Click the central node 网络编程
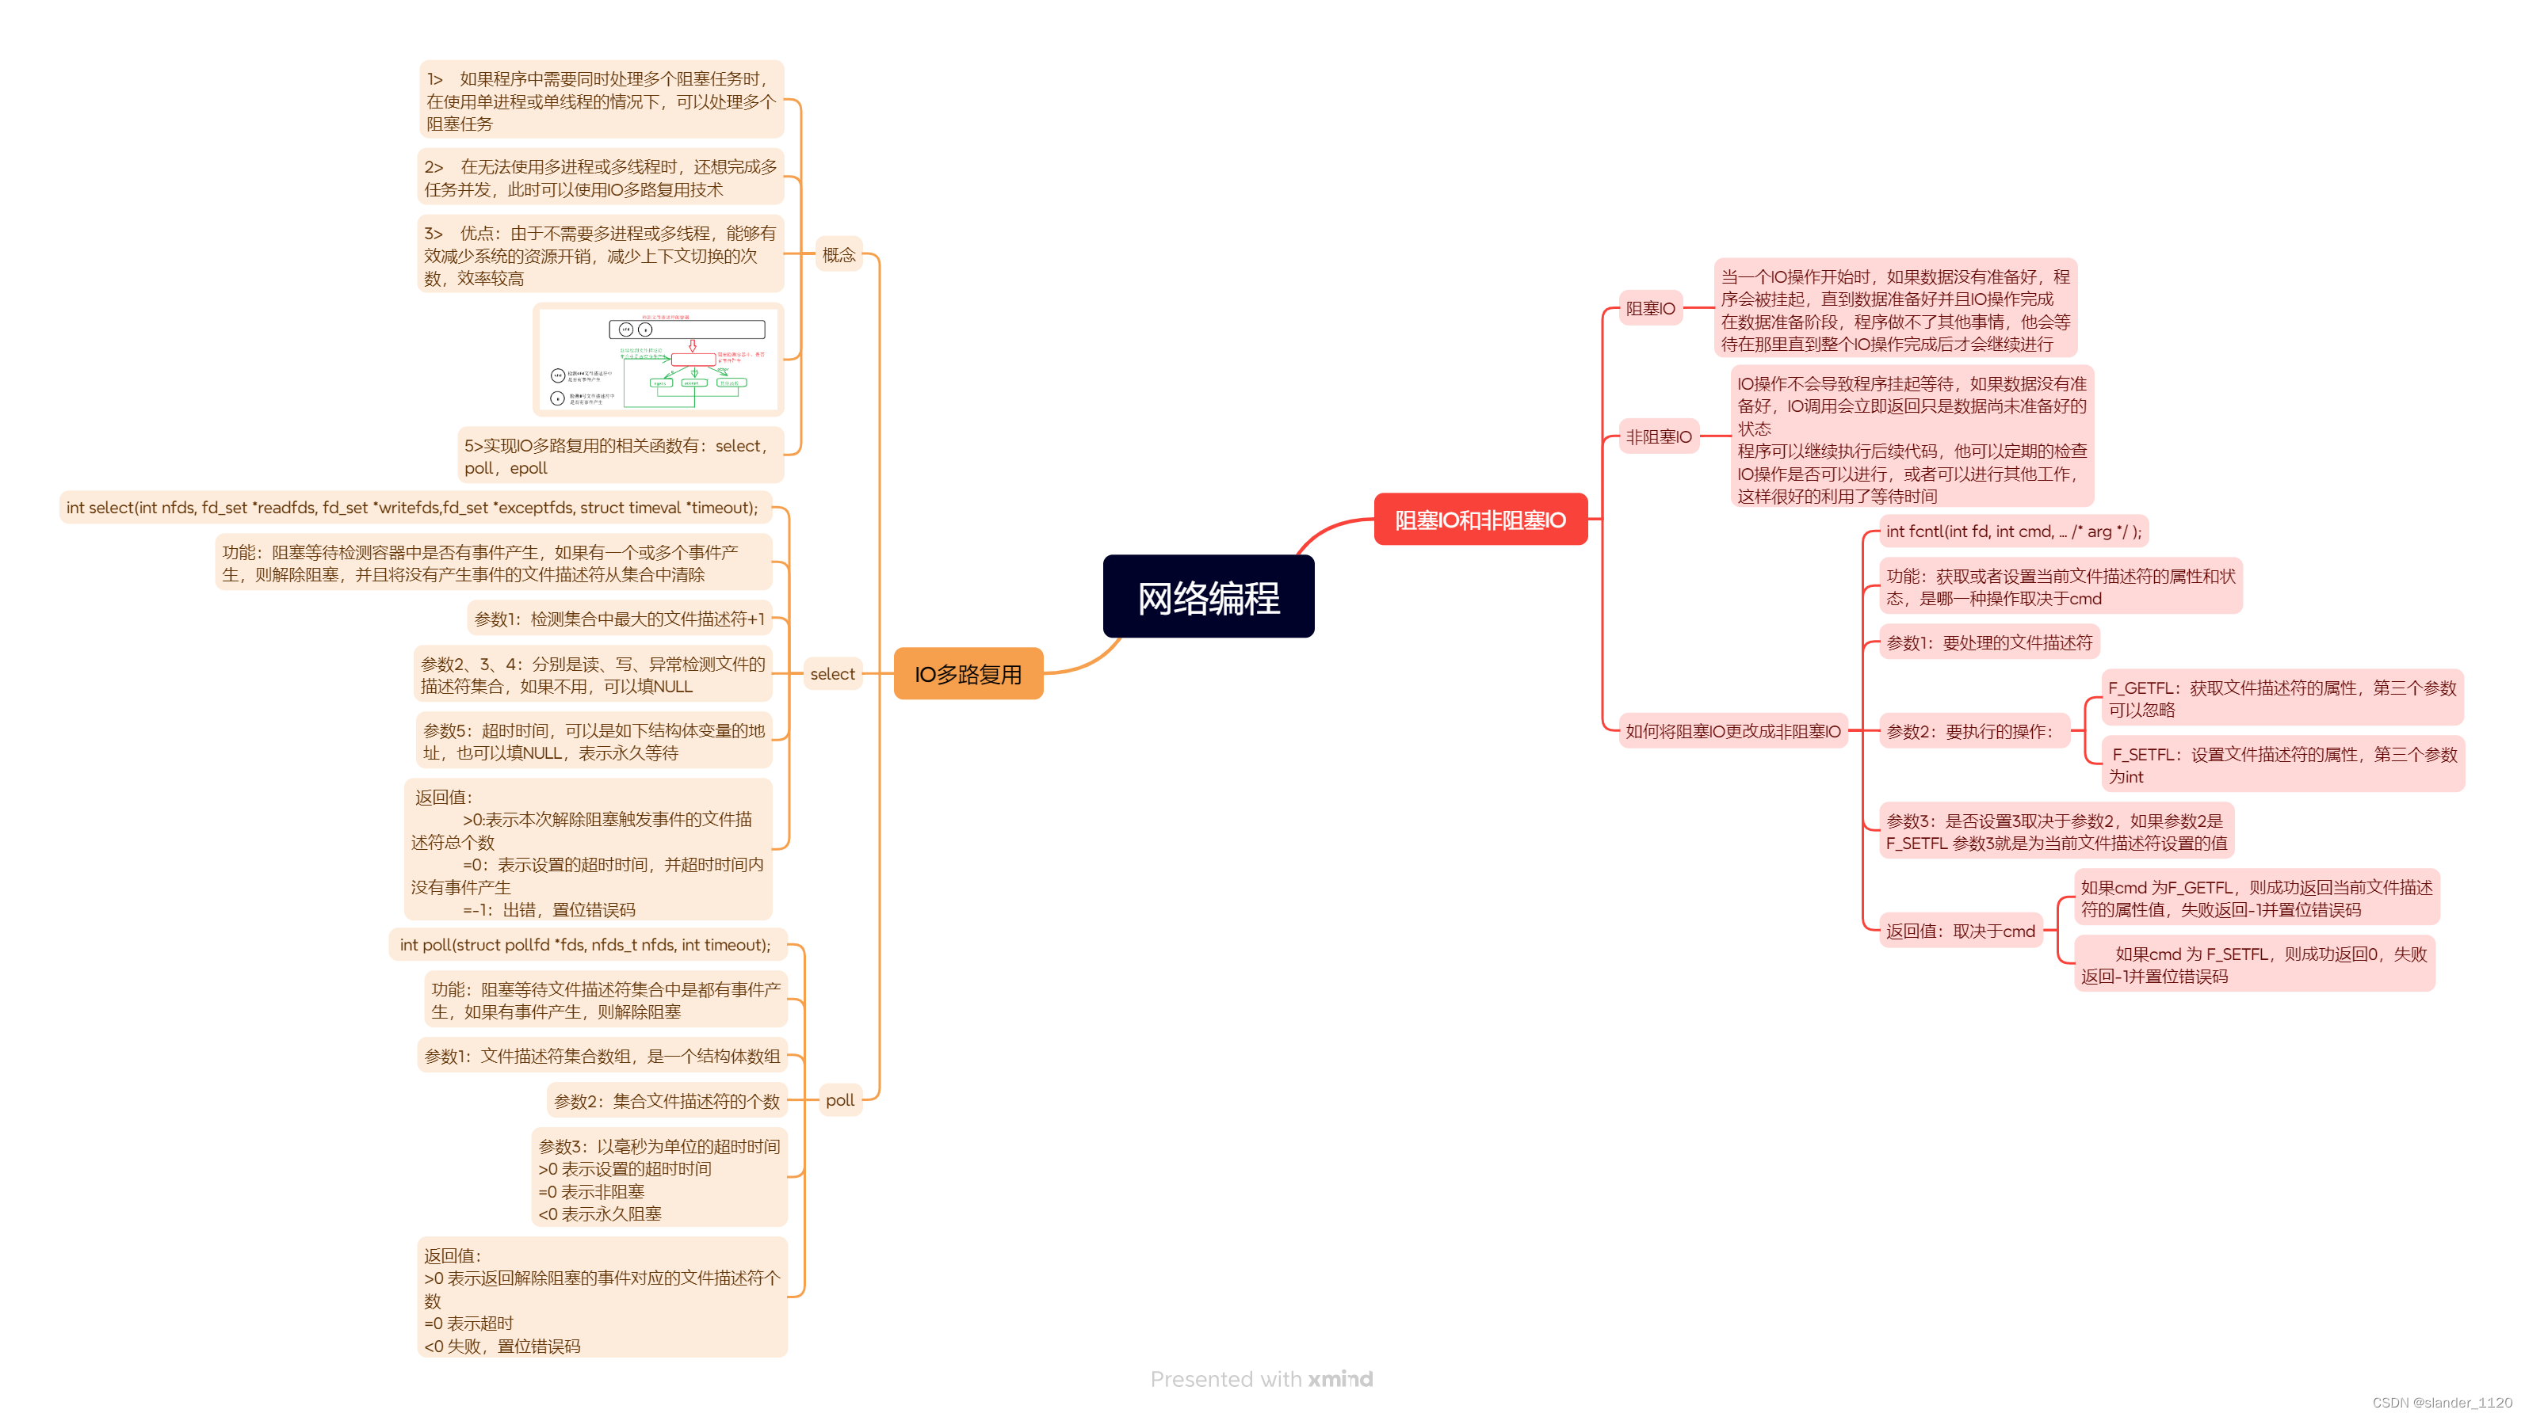coord(1208,596)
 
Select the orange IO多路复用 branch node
coord(968,674)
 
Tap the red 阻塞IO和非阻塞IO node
coord(1480,520)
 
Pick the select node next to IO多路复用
coord(832,674)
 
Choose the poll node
coord(839,1099)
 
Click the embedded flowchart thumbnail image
coord(659,360)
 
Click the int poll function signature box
coord(585,945)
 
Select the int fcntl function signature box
coord(2013,531)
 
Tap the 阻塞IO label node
coord(1651,309)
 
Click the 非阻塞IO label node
coord(1659,437)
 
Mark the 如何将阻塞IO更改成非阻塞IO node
coord(1733,731)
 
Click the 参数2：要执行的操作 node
coord(1970,731)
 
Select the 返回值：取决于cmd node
coord(1961,931)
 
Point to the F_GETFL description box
coord(2282,699)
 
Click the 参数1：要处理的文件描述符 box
coord(1988,643)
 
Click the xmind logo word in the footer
coord(1340,1379)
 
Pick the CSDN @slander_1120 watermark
coord(2442,1402)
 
